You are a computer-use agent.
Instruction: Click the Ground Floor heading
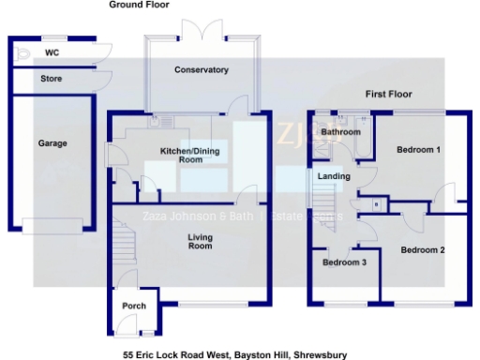[139, 5]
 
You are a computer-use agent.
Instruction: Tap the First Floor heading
[389, 95]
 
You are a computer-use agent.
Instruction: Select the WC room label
[52, 53]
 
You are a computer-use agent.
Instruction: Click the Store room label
[52, 79]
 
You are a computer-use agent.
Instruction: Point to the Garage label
[52, 143]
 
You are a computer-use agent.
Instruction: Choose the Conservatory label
[202, 70]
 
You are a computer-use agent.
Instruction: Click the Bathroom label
[340, 132]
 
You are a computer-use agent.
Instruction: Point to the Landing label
[334, 176]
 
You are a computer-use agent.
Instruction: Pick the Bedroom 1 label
[418, 150]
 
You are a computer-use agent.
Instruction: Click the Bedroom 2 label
[423, 250]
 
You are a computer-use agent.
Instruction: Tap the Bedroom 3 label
[345, 262]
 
